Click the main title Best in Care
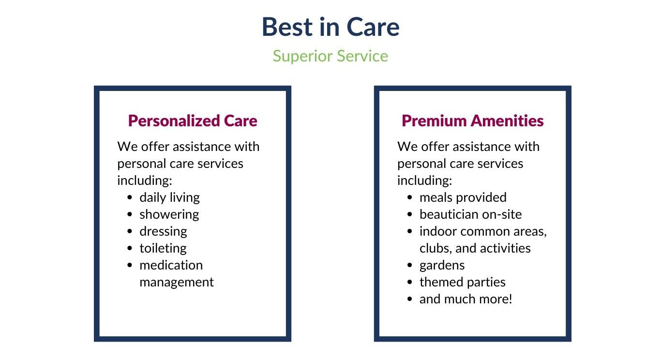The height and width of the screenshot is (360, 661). pyautogui.click(x=330, y=27)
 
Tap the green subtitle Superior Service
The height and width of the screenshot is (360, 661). pyautogui.click(x=330, y=56)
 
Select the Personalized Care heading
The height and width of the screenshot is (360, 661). pyautogui.click(x=193, y=121)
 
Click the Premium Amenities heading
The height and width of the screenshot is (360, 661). pyautogui.click(x=472, y=121)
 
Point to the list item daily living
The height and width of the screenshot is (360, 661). pyautogui.click(x=170, y=198)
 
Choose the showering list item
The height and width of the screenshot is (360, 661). pyautogui.click(x=169, y=215)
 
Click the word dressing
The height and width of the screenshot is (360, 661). pyautogui.click(x=163, y=232)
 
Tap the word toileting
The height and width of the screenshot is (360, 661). pyautogui.click(x=163, y=248)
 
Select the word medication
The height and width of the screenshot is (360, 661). pyautogui.click(x=171, y=265)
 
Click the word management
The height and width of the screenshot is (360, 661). pyautogui.click(x=177, y=283)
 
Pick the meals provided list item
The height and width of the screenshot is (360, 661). pyautogui.click(x=463, y=197)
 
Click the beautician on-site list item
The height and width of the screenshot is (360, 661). pyautogui.click(x=471, y=214)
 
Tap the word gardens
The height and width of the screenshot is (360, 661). pyautogui.click(x=442, y=266)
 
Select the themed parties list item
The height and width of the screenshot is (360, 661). pyautogui.click(x=463, y=283)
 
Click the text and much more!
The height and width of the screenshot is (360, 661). pyautogui.click(x=466, y=299)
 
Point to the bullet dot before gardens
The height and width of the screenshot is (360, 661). pyautogui.click(x=409, y=265)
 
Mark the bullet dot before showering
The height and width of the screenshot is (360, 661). pyautogui.click(x=130, y=214)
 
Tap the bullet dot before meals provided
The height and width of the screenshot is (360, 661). pyautogui.click(x=409, y=197)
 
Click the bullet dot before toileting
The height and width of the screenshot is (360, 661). pyautogui.click(x=130, y=248)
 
